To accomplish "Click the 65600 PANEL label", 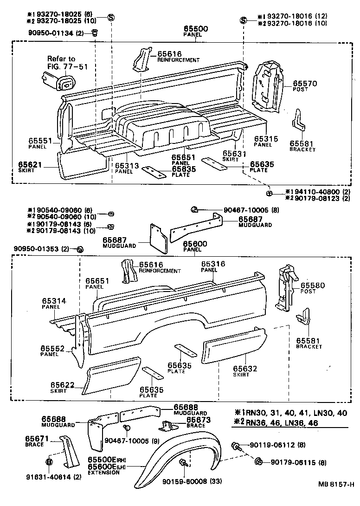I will pos(195,246).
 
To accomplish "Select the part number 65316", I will pos(213,264).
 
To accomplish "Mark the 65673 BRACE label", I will pos(199,422).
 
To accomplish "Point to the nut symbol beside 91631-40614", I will pos(49,461).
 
